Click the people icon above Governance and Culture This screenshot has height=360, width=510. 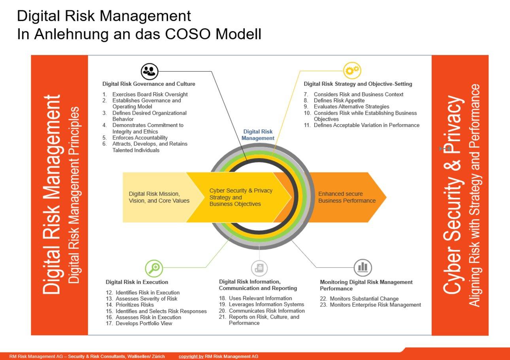click(x=149, y=71)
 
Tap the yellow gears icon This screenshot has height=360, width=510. click(x=352, y=71)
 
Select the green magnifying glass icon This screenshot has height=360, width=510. click(x=154, y=268)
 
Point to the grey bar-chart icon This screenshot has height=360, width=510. click(x=363, y=268)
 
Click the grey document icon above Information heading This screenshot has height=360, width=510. click(x=259, y=268)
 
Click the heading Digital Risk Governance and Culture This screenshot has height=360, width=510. click(x=149, y=84)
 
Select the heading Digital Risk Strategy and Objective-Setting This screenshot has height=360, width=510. click(x=358, y=84)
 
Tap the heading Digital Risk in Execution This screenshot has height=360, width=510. click(x=137, y=282)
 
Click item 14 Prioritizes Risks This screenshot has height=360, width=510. click(x=134, y=305)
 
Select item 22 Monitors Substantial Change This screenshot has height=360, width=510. click(x=364, y=299)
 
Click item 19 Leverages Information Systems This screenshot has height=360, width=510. click(x=266, y=305)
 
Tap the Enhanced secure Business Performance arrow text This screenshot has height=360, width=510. click(x=347, y=197)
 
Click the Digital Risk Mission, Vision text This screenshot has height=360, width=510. click(x=159, y=197)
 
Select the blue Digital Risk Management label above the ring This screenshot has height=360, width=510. click(x=258, y=135)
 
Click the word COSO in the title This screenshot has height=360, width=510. click(x=186, y=34)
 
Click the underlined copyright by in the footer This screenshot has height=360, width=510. click(x=191, y=356)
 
